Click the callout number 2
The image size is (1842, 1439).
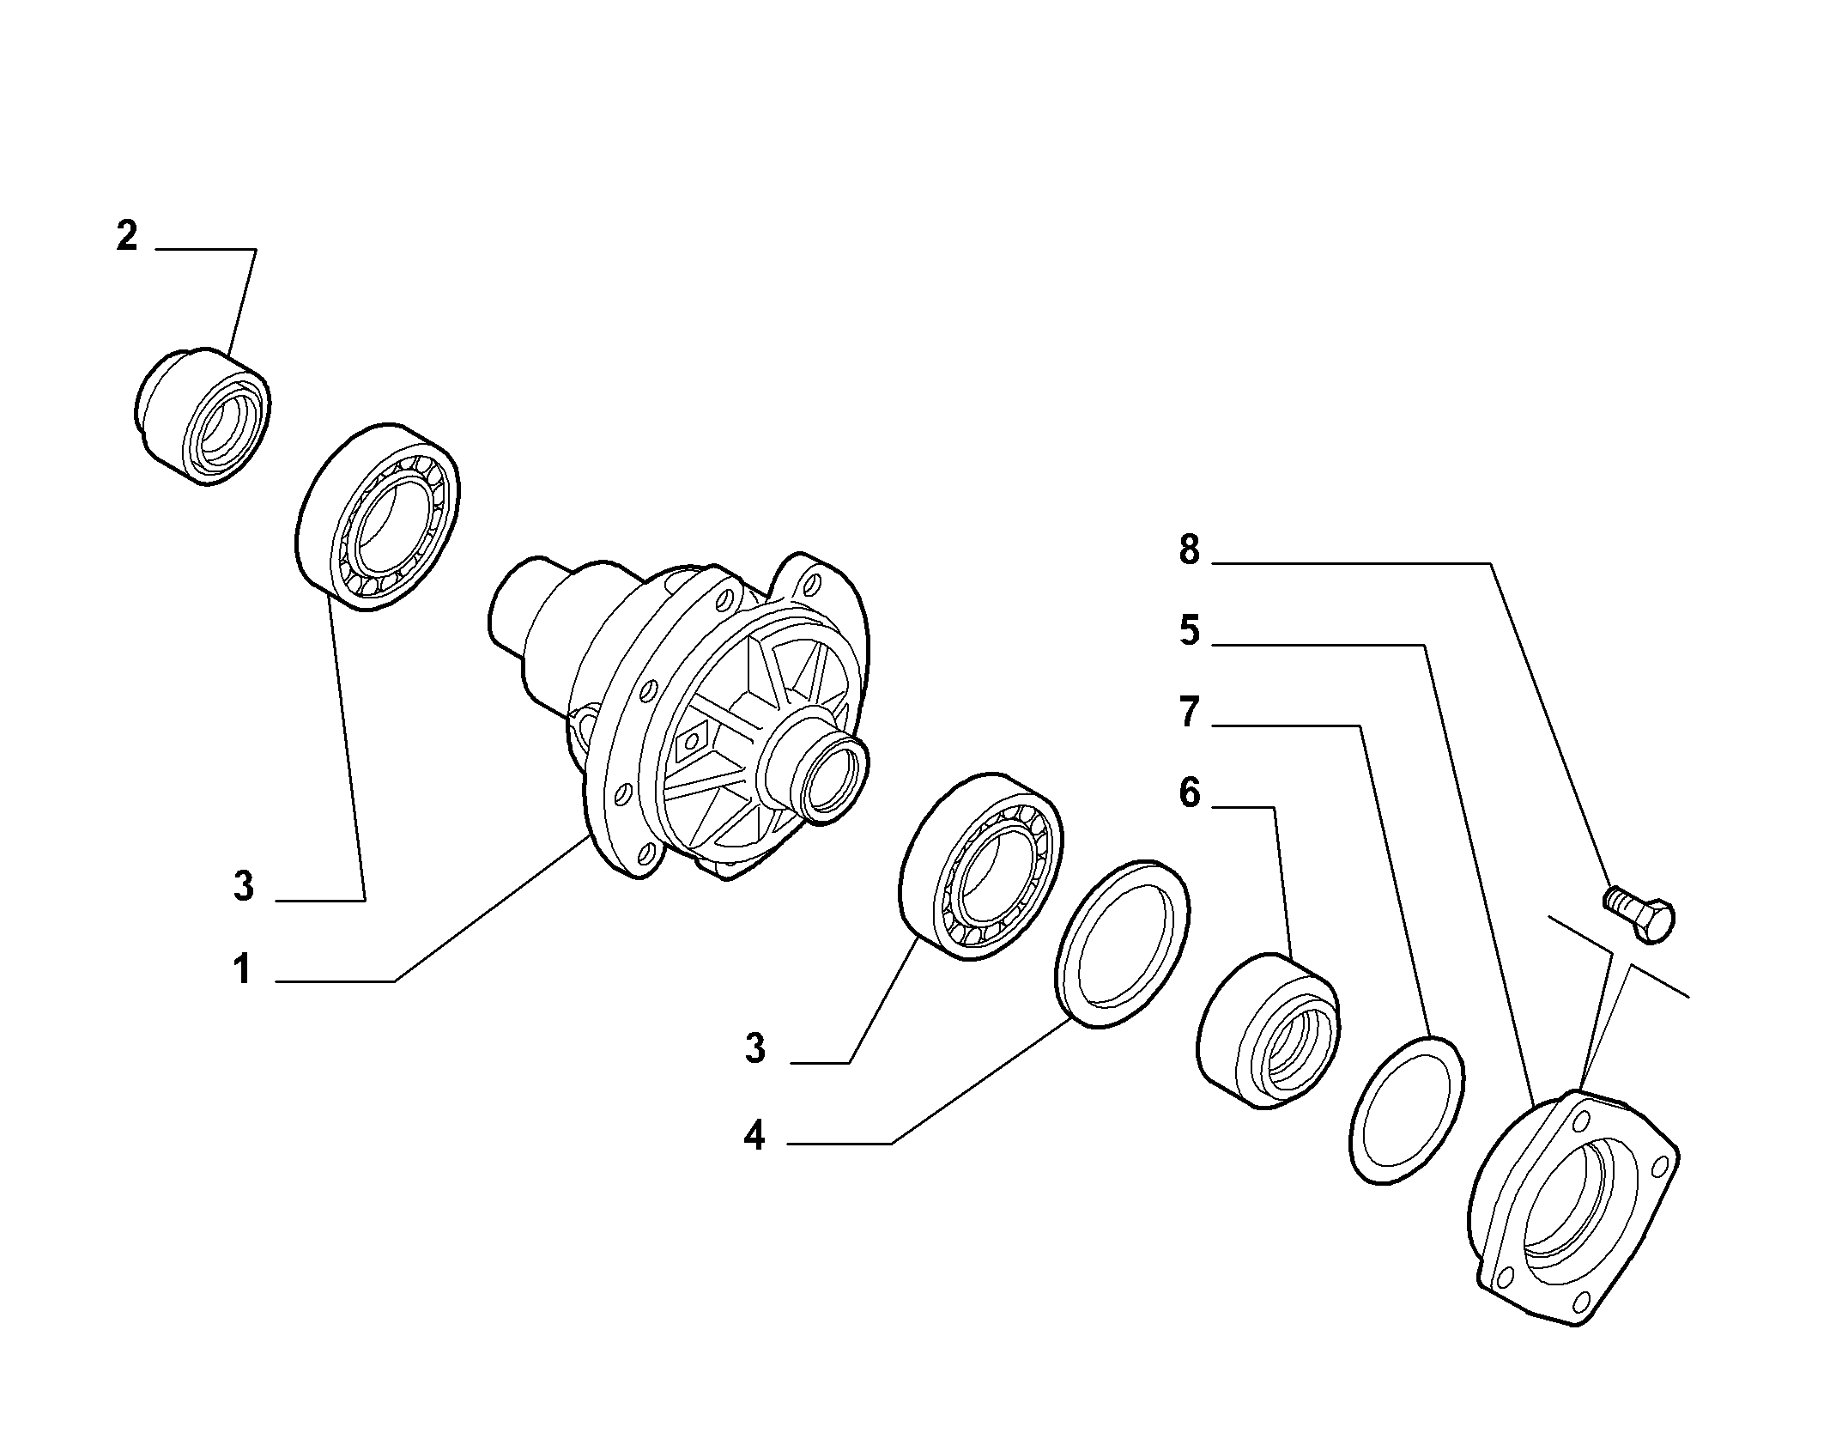[x=127, y=236]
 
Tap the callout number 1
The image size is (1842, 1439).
[x=243, y=970]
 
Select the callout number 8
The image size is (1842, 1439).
[x=1189, y=549]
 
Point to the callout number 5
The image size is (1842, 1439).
[x=1189, y=631]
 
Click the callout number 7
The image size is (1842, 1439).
[x=1189, y=713]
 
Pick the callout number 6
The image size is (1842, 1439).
[x=1189, y=794]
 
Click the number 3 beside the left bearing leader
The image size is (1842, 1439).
[x=244, y=886]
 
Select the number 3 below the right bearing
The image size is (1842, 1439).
[x=754, y=1049]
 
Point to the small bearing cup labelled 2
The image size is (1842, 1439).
[x=203, y=416]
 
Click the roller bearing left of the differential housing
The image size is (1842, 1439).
[x=377, y=516]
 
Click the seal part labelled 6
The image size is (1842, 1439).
[x=1268, y=1030]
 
